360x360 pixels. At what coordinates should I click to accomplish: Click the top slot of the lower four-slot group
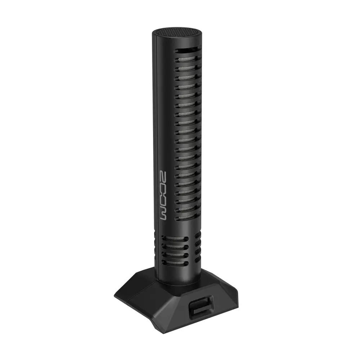pos(175,239)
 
